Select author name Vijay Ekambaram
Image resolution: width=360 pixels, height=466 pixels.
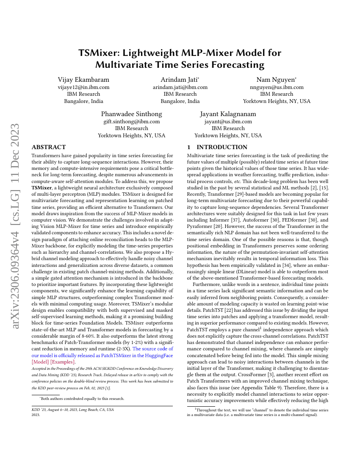(83, 80)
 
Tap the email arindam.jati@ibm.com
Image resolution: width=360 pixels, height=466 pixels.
(180, 87)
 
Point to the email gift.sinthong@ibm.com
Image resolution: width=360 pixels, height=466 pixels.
(132, 122)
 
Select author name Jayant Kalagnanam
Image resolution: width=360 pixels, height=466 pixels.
(228, 114)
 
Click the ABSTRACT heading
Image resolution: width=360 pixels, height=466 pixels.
(49, 147)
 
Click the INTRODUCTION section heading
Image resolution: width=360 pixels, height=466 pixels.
(222, 147)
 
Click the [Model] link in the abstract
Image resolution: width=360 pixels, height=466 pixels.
(42, 362)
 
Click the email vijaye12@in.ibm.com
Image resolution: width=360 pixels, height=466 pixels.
(83, 87)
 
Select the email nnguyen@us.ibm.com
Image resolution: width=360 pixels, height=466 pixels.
(277, 87)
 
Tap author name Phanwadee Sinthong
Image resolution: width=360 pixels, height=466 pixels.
(132, 114)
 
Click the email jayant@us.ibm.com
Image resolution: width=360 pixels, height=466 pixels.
(228, 122)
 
